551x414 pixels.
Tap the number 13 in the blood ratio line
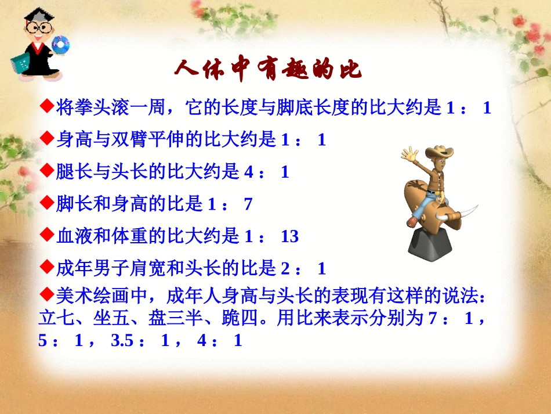pos(289,236)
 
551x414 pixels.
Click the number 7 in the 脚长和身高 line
pos(248,204)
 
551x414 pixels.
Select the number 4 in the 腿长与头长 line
pos(249,172)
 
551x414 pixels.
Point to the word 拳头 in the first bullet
pos(92,108)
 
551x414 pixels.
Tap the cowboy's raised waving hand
pos(409,155)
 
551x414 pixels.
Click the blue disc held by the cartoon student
pos(59,43)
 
